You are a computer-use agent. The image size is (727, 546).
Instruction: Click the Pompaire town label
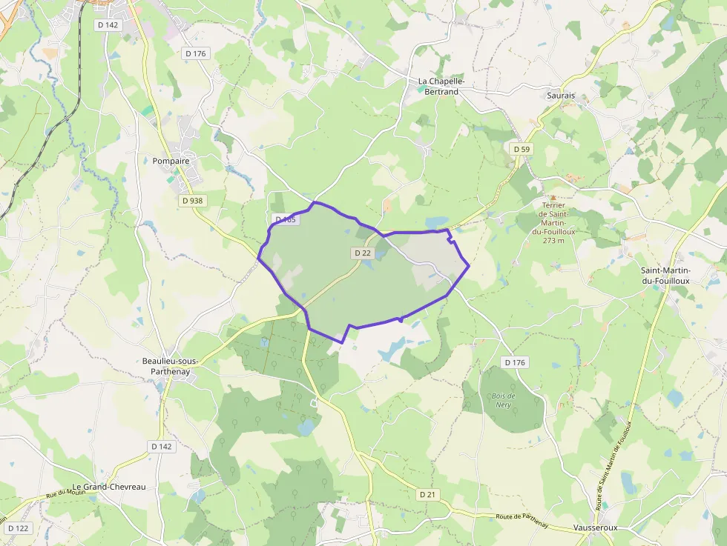(x=171, y=161)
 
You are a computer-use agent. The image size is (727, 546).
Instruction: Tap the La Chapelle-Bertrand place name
(x=441, y=86)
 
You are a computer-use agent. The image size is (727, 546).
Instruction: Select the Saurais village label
(x=561, y=96)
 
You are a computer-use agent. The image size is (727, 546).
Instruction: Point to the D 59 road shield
(x=522, y=149)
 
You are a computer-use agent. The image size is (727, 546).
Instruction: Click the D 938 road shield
(x=192, y=200)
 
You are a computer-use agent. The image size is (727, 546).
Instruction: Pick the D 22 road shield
(x=362, y=253)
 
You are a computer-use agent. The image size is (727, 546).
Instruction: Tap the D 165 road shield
(x=286, y=219)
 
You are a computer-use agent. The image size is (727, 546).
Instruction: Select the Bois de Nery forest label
(x=504, y=400)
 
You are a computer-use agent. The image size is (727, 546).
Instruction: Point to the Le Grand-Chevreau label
(x=109, y=487)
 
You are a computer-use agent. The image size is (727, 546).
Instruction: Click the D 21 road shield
(x=427, y=494)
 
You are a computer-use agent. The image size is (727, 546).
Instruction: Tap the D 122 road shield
(x=19, y=528)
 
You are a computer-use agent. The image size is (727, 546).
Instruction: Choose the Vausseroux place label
(x=595, y=527)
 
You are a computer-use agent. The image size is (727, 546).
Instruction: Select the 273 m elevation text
(x=553, y=240)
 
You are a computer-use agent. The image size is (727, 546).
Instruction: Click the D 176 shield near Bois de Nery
(x=515, y=362)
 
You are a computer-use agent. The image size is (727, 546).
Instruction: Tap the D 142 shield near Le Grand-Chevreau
(x=162, y=446)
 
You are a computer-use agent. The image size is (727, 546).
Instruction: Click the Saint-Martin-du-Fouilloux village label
(x=665, y=276)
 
